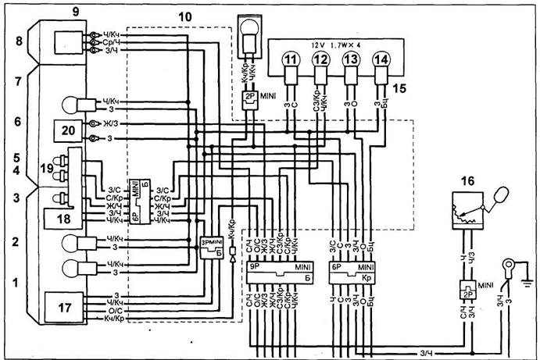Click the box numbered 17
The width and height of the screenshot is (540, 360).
click(x=64, y=306)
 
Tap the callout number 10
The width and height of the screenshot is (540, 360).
click(x=185, y=16)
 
